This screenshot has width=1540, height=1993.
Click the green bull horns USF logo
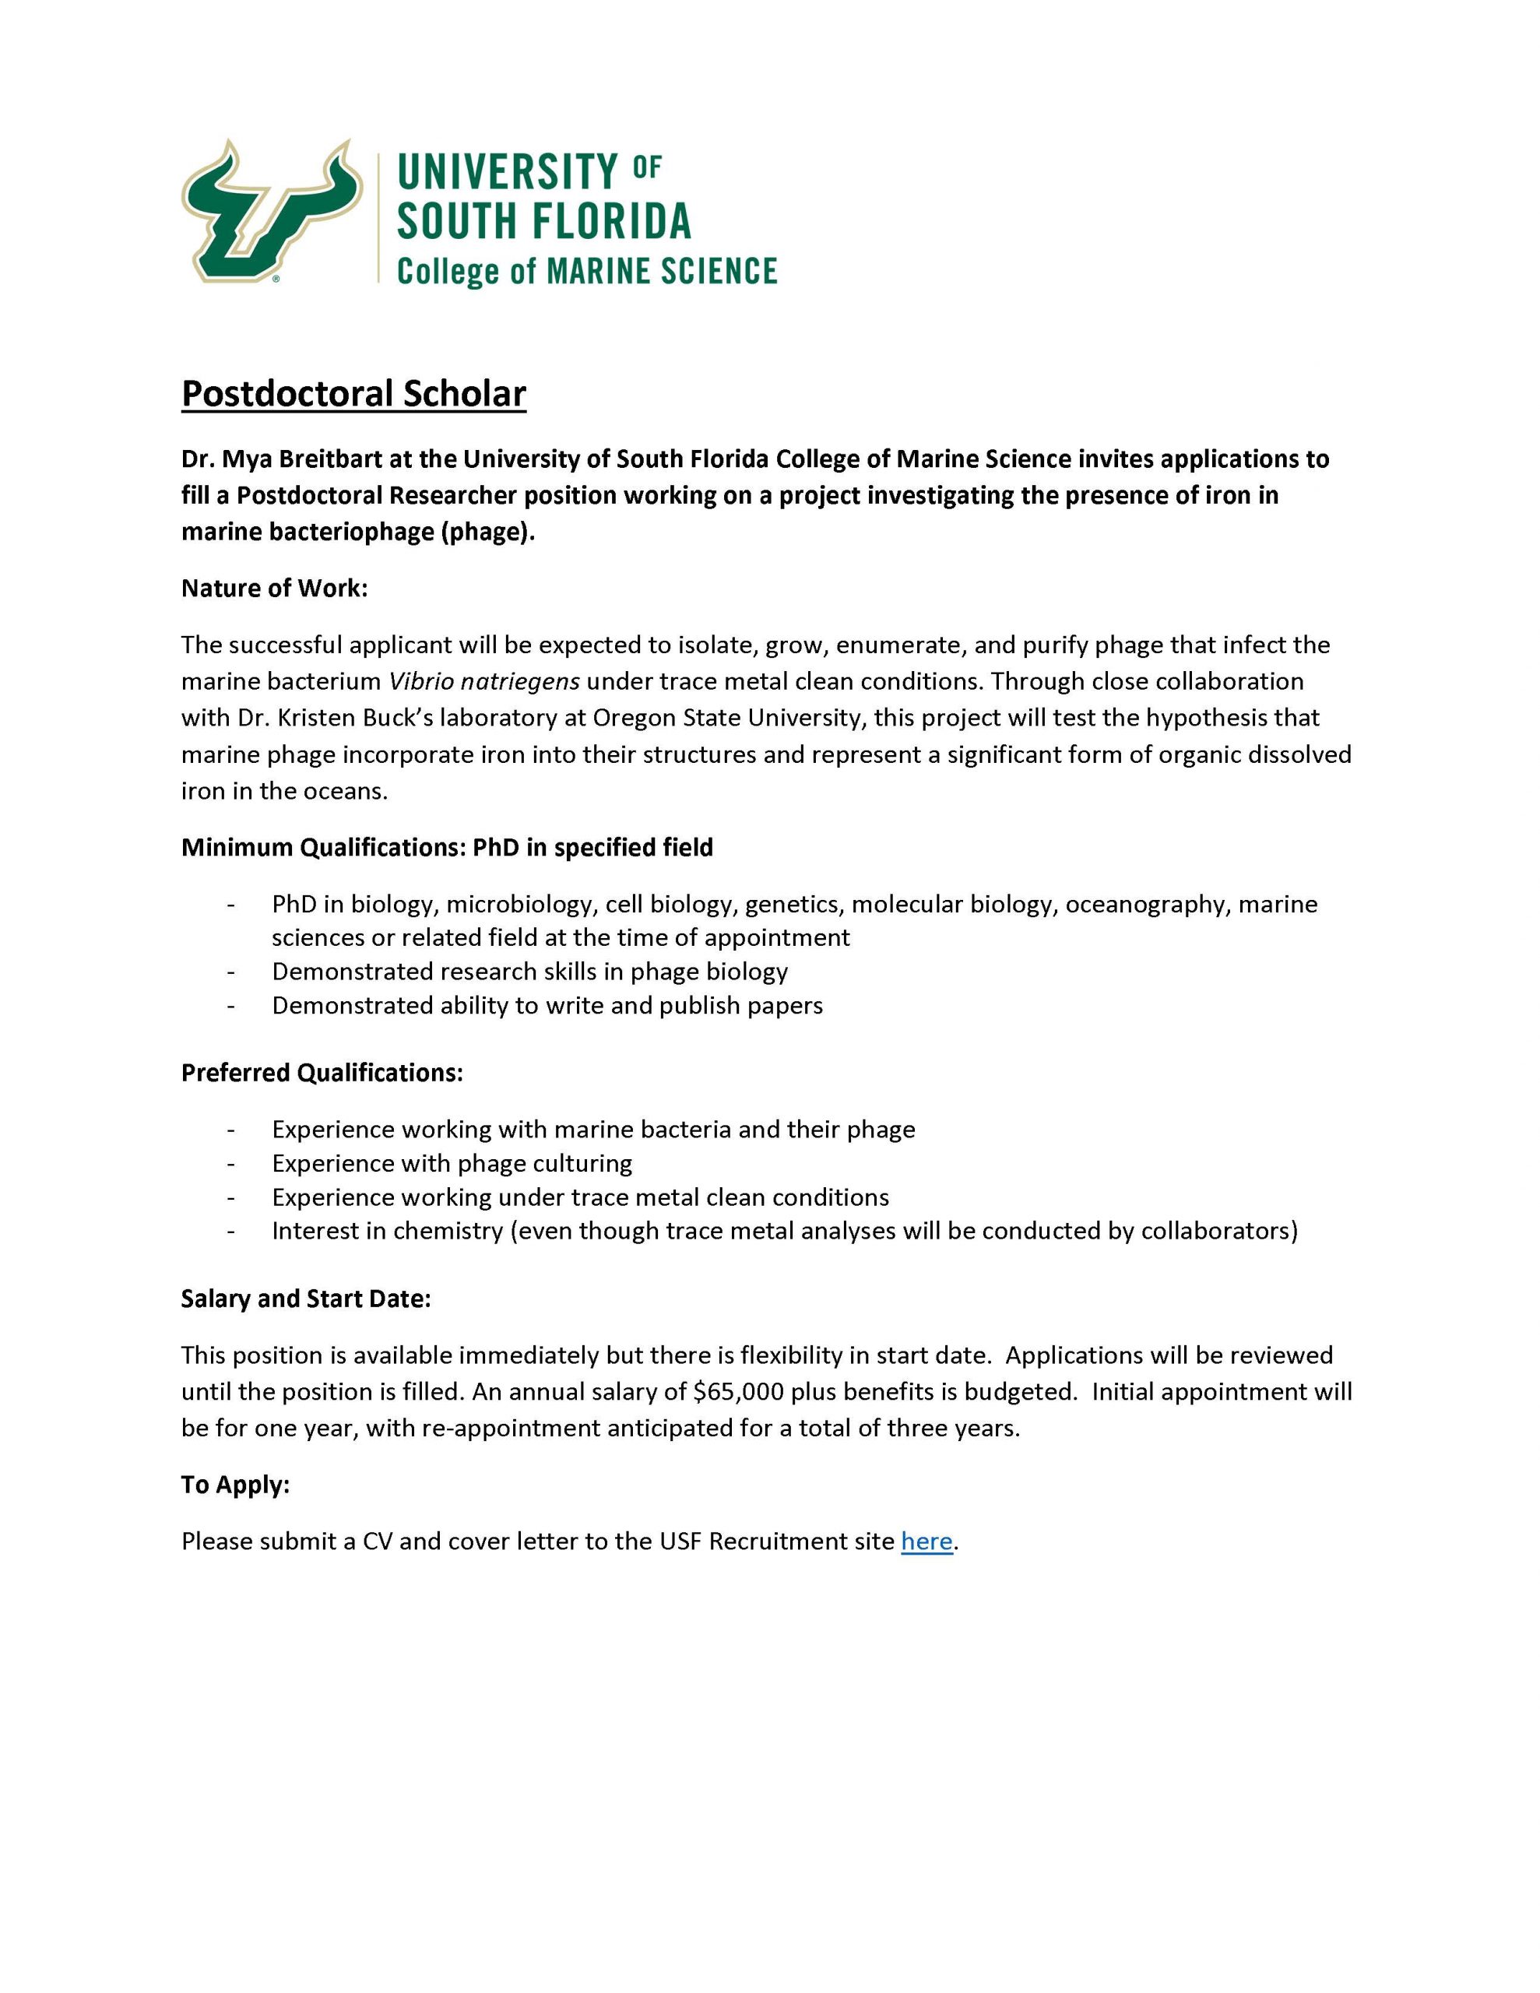click(272, 211)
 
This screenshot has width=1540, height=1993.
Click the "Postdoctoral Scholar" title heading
click(353, 393)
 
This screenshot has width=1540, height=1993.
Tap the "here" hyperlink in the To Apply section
click(926, 1541)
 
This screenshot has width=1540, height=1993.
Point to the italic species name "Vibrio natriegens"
click(483, 682)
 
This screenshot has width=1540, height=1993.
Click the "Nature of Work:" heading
click(274, 589)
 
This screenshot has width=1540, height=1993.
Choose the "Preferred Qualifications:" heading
click(322, 1072)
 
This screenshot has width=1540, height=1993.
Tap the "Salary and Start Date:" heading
click(305, 1299)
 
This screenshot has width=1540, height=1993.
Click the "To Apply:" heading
click(234, 1485)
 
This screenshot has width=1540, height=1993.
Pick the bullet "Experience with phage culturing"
click(452, 1164)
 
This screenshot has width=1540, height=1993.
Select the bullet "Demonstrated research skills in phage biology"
click(529, 971)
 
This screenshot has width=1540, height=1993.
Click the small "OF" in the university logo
click(646, 166)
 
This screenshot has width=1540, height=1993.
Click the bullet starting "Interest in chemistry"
click(784, 1231)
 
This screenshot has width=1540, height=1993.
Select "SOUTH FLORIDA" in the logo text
click(544, 221)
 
